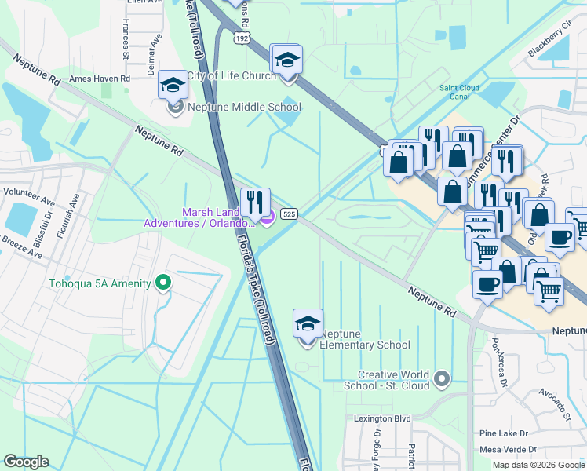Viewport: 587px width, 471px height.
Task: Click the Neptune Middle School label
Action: tap(243, 108)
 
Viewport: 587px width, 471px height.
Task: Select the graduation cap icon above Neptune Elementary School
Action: tap(308, 325)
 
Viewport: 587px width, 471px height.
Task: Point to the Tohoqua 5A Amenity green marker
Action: tap(163, 281)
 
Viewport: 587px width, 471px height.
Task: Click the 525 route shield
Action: tap(290, 214)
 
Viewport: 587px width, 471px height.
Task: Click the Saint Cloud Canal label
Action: tap(460, 92)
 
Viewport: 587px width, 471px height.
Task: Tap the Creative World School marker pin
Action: tap(442, 380)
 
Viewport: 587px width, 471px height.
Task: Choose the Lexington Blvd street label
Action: tap(383, 418)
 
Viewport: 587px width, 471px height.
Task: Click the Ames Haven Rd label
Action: tap(99, 78)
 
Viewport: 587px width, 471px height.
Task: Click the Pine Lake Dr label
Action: tap(504, 433)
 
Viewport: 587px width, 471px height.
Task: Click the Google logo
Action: tap(26, 462)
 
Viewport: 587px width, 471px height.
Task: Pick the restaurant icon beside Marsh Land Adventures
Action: tap(255, 202)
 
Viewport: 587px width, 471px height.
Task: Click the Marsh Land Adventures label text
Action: tap(200, 217)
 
